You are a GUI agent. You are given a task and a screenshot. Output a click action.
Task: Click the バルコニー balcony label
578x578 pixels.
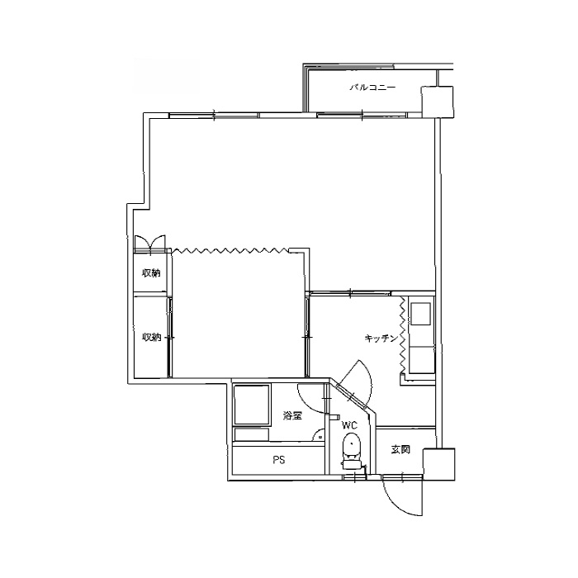point(372,88)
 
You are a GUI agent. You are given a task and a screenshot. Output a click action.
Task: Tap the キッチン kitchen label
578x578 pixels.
point(381,338)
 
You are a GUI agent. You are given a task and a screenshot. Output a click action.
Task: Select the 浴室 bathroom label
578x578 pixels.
point(292,416)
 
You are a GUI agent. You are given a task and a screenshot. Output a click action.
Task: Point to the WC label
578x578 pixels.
point(349,426)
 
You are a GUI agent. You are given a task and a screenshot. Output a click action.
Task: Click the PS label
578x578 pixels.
point(279,460)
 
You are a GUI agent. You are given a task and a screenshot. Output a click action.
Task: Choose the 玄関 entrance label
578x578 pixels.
point(400,449)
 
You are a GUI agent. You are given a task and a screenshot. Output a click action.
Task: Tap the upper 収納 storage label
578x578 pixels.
point(151,273)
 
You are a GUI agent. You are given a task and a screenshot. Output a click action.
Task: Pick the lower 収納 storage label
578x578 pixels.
point(151,337)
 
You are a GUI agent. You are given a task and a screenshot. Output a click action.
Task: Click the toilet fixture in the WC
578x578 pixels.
point(351,451)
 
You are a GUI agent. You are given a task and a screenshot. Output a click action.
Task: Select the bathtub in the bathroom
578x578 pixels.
point(251,405)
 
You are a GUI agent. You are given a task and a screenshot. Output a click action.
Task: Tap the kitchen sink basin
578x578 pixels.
point(420,314)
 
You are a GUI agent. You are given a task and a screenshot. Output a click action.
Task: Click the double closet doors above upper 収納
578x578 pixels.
point(150,244)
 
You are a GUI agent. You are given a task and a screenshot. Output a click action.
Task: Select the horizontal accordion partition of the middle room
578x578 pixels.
point(231,251)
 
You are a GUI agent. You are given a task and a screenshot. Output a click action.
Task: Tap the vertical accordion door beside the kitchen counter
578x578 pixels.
point(403,334)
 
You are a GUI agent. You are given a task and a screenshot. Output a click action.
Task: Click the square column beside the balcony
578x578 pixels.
point(437,102)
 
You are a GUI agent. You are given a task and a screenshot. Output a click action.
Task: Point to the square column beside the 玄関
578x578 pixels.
point(438,463)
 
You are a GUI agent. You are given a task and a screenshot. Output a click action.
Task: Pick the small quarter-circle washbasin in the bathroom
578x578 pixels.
point(320,436)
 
